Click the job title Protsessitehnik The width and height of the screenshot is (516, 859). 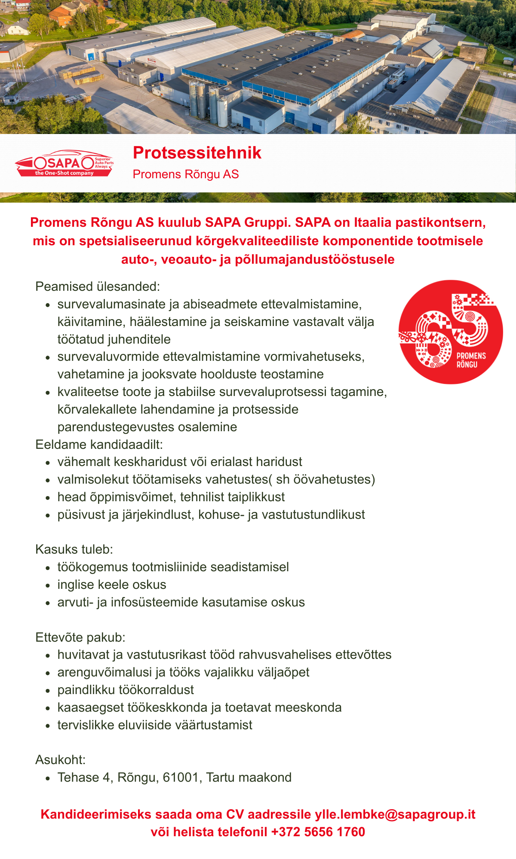coord(197,153)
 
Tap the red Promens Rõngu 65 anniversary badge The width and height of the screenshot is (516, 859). coord(450,332)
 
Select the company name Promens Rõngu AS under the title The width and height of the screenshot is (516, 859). coord(186,174)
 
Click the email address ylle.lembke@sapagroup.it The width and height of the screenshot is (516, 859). coord(395,814)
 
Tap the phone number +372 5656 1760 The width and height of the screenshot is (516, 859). coord(318,832)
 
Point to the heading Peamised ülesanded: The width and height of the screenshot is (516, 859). coord(98,286)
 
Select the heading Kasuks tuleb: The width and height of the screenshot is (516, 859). coord(74,549)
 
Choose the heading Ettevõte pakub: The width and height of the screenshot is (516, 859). coord(80,637)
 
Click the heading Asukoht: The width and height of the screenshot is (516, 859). coord(61,760)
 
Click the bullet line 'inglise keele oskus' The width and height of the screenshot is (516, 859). coord(112,585)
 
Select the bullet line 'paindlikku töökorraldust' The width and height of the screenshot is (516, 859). coord(126,690)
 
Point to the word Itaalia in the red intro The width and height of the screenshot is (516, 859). coord(372,222)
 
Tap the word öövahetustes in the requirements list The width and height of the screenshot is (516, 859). coord(332,479)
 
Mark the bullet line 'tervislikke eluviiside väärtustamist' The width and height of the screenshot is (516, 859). coord(155,725)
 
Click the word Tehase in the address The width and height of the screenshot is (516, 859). coord(78,777)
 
